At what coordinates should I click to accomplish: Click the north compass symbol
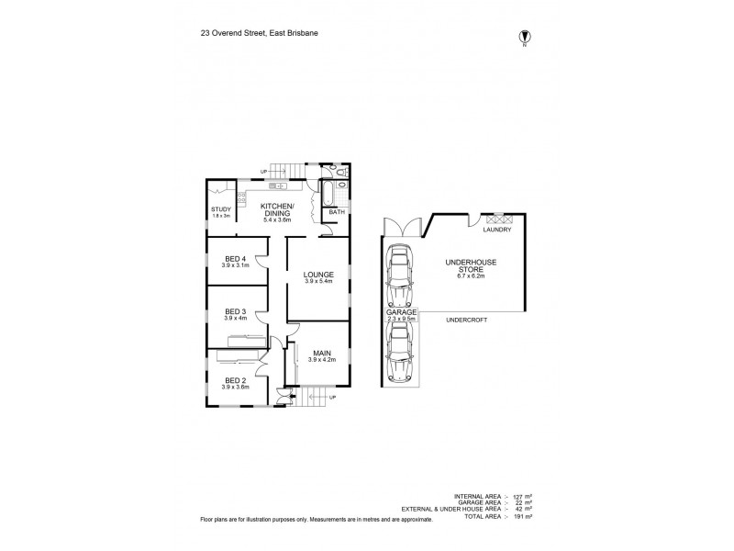525,38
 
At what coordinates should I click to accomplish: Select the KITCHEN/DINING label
276,209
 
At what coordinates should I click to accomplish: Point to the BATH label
336,212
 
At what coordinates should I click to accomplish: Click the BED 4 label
234,258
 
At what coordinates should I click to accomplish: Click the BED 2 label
234,379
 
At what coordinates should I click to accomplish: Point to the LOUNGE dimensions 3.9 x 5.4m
318,281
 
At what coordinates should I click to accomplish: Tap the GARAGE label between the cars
402,312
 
